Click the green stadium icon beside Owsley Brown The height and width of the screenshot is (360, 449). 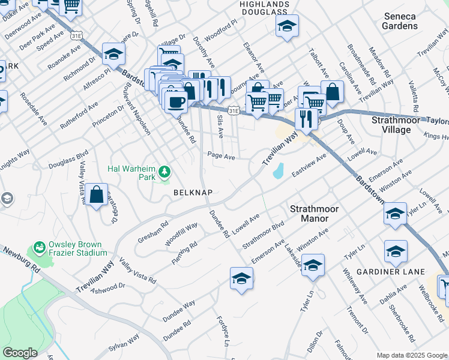click(x=40, y=247)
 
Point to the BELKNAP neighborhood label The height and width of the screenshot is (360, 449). click(x=191, y=193)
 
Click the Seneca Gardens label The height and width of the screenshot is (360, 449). click(x=399, y=22)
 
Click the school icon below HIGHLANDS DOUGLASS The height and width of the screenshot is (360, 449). click(x=288, y=26)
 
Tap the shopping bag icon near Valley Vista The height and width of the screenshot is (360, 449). click(x=96, y=194)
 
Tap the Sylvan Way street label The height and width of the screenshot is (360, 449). click(x=124, y=343)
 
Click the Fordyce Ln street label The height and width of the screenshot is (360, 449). click(x=222, y=333)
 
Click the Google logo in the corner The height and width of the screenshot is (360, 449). click(x=20, y=352)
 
